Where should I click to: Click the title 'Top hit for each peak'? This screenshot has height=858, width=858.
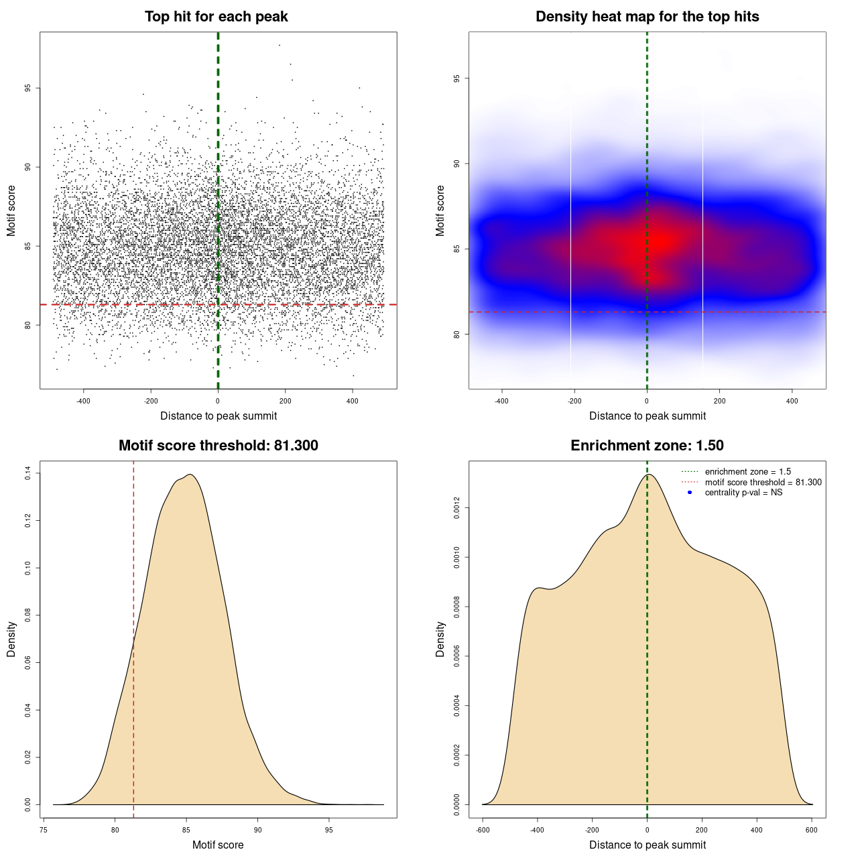[216, 17]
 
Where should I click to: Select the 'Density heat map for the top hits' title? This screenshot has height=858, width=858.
[647, 17]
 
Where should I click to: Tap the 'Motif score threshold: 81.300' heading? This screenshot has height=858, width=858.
[218, 446]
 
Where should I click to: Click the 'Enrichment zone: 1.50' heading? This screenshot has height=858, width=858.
[647, 446]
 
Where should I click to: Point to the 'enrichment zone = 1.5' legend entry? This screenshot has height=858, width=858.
[747, 472]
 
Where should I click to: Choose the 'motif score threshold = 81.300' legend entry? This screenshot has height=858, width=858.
[763, 482]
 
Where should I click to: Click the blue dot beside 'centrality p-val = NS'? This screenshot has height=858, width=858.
[690, 493]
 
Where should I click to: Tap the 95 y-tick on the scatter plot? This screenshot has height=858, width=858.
[28, 88]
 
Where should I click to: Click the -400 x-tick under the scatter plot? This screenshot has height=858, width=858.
[83, 402]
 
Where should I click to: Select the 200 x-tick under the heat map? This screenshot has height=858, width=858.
[719, 402]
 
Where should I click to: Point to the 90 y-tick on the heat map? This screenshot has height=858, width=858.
[457, 164]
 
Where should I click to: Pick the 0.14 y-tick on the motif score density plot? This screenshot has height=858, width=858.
[28, 474]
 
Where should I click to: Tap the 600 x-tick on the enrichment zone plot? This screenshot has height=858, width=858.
[812, 831]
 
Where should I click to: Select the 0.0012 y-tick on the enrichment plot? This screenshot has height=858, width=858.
[457, 508]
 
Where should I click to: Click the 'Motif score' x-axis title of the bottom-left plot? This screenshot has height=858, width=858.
[218, 845]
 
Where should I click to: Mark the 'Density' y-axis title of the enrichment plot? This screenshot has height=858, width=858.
[440, 639]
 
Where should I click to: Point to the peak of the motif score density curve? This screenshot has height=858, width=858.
[191, 475]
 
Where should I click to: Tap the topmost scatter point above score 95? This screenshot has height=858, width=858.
[279, 45]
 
